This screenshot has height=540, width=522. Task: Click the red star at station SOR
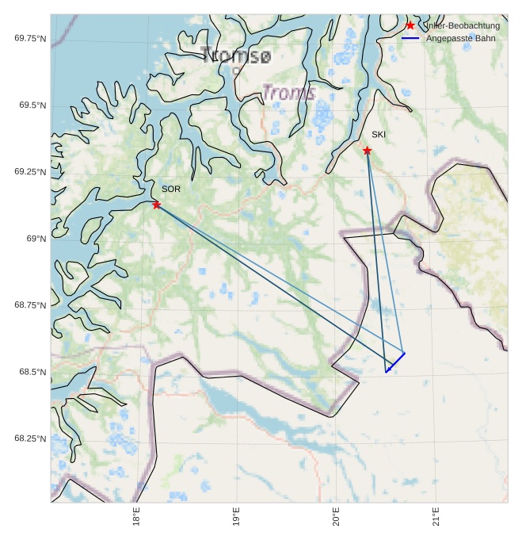point(157,205)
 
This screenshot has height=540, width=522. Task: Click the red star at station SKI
point(368,151)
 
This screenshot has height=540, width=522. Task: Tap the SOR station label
point(171,190)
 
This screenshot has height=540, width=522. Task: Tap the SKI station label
point(379,135)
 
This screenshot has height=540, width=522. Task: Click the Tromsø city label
point(236,56)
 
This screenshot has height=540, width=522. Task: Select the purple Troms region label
point(289,93)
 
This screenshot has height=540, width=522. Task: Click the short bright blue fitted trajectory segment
point(395,362)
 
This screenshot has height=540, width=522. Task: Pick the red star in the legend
point(410,25)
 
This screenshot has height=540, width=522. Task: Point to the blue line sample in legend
point(410,38)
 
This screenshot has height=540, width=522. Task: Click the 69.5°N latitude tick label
point(32,105)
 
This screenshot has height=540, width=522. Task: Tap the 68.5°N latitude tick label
point(32,372)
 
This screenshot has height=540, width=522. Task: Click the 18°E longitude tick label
point(136,517)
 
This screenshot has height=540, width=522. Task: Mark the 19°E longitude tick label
point(236,517)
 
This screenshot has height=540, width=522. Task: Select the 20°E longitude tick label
point(336,517)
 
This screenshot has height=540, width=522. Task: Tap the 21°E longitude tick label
point(436,517)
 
